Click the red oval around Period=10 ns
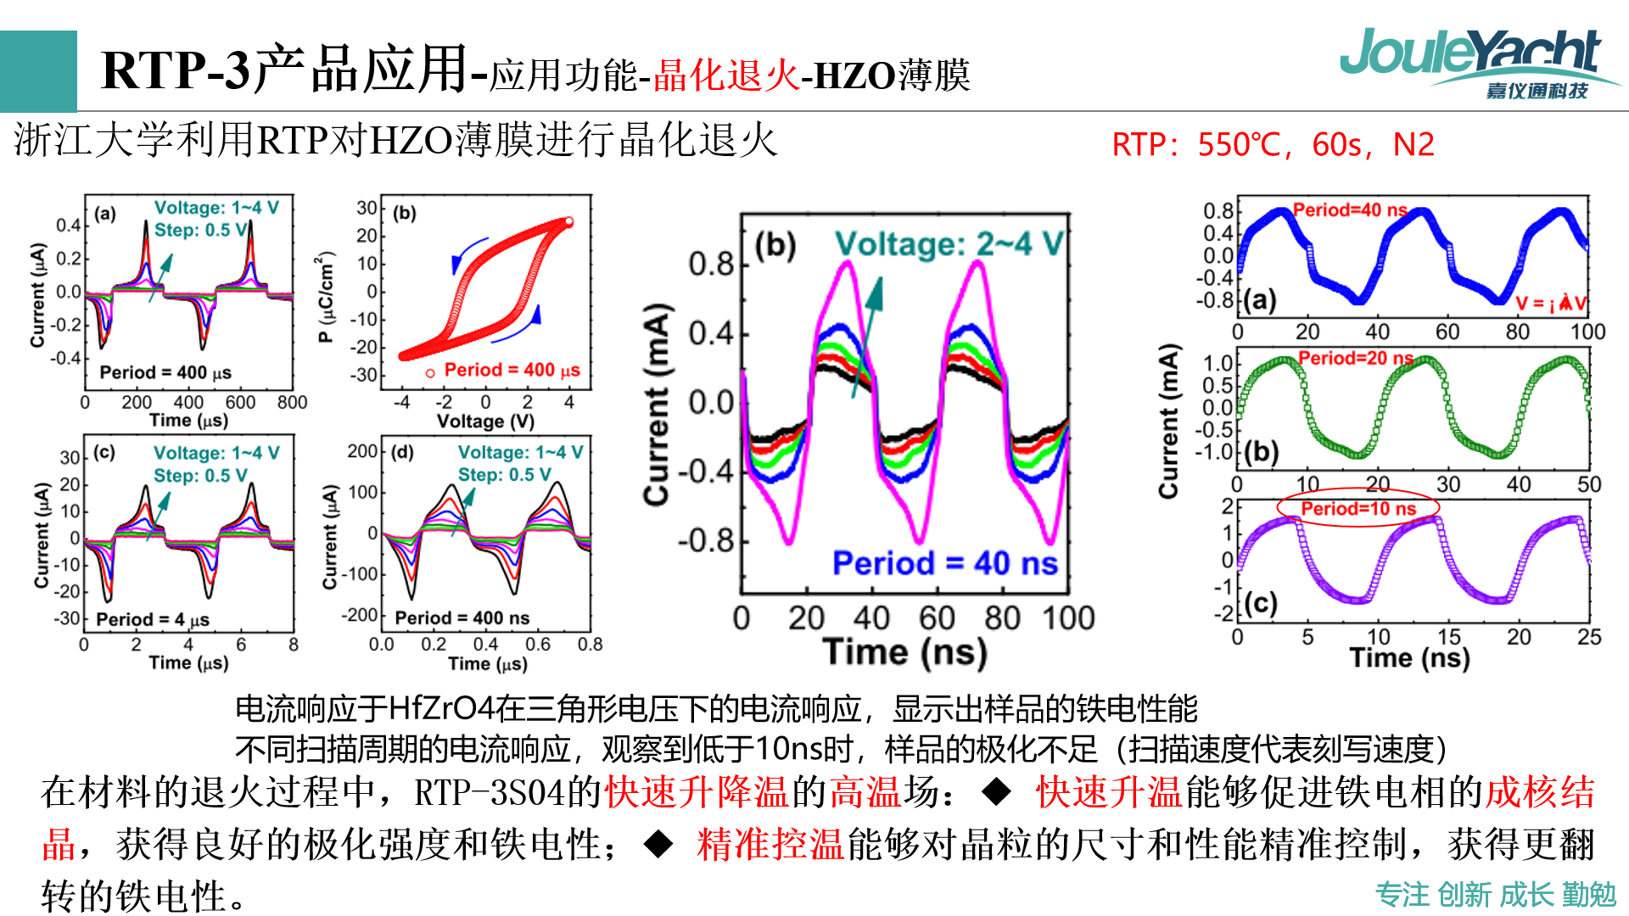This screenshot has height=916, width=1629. tap(1357, 508)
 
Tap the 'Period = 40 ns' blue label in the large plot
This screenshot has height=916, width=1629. tap(944, 563)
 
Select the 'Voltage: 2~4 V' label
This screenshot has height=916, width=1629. tap(949, 244)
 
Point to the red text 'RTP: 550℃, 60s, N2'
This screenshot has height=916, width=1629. tap(1273, 145)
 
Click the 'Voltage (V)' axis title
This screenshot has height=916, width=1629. tap(485, 422)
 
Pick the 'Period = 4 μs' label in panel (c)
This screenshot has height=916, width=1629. tap(153, 619)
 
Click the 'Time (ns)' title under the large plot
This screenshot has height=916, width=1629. tap(904, 652)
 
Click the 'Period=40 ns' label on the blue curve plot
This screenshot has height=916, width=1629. tap(1349, 209)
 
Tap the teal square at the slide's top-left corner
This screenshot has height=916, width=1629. tap(38, 71)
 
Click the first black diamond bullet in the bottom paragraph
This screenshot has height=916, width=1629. tap(996, 792)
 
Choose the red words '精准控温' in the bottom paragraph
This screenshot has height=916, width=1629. tap(770, 845)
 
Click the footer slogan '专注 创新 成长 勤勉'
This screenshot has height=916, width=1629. tap(1495, 894)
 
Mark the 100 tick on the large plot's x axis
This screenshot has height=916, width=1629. tap(1069, 618)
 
